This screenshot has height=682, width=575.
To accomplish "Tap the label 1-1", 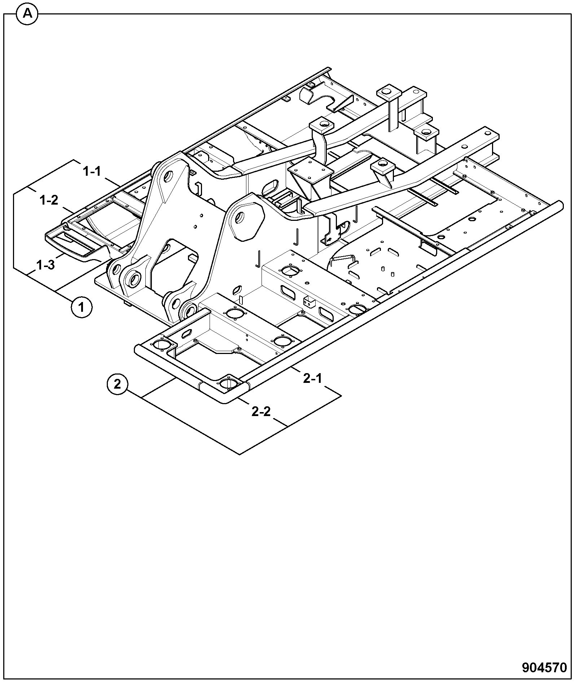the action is coord(92,171).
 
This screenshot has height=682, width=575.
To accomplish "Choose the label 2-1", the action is coord(312,378).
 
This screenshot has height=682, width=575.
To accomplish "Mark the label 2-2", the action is coord(261,411).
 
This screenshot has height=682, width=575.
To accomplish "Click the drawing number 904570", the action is coord(545,668).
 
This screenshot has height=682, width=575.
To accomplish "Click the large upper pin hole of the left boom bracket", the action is coord(178,176).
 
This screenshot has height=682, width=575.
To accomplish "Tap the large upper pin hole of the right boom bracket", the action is coord(240,218).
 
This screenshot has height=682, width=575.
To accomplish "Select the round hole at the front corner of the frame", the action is coord(228,384).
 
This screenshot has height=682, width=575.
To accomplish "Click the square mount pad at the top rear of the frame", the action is coord(389,93).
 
